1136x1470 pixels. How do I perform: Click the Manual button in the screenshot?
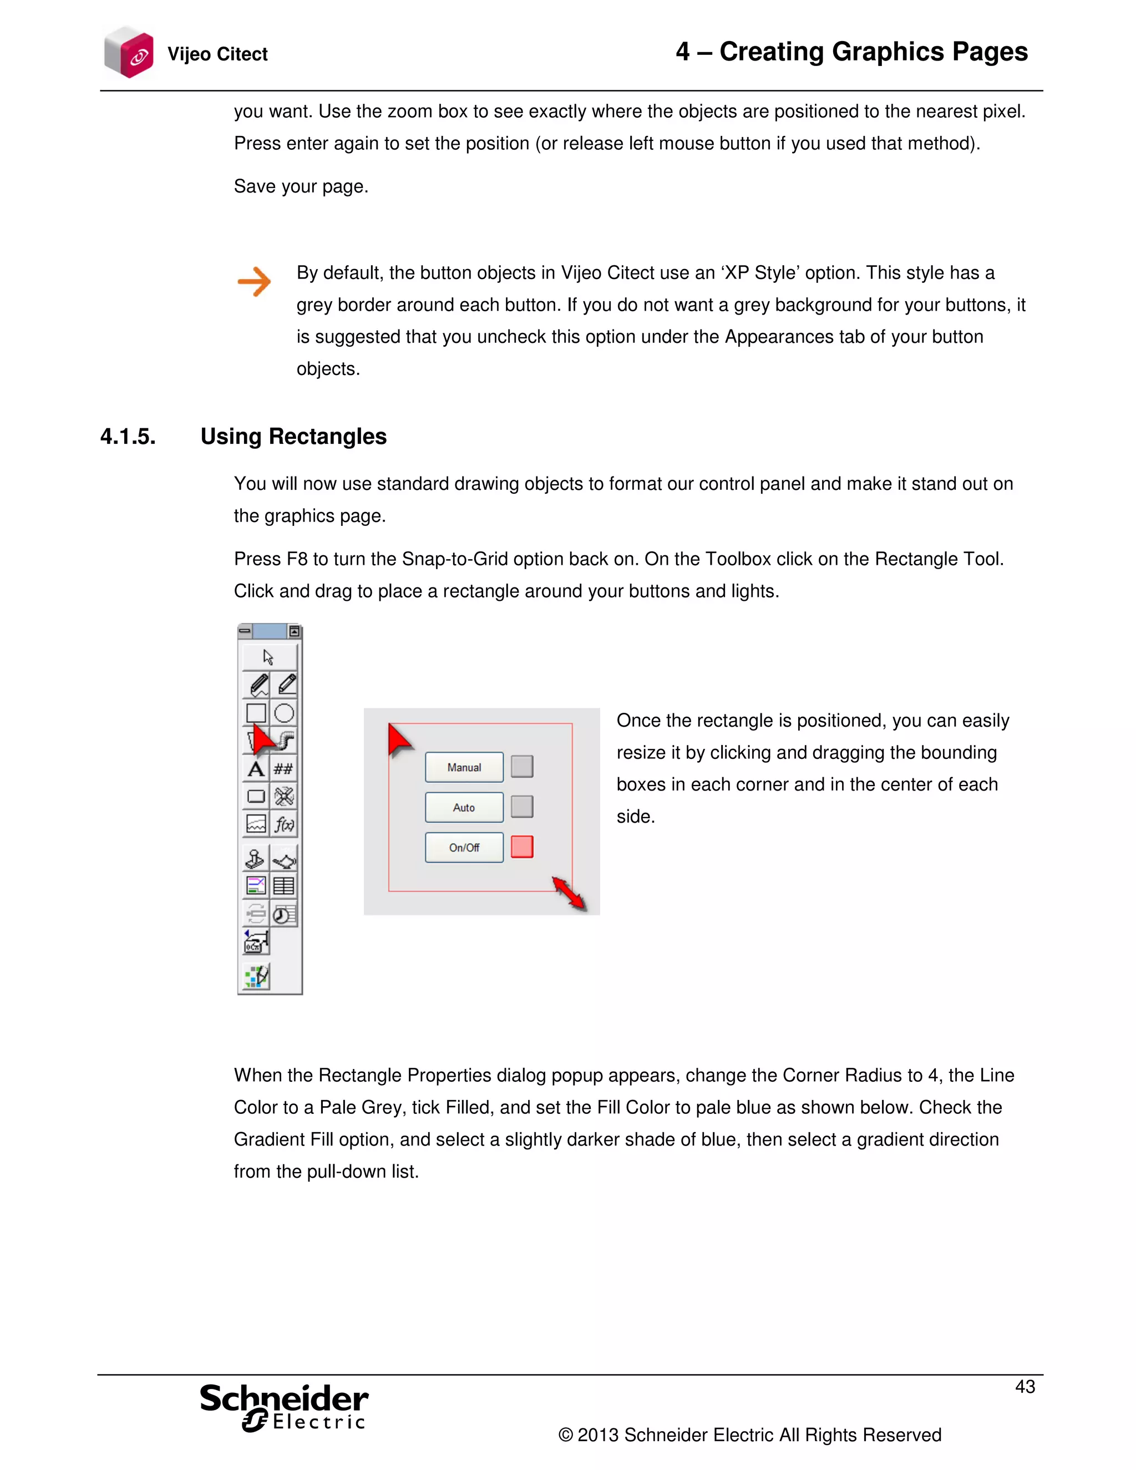(464, 767)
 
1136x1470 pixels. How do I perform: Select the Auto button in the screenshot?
(464, 807)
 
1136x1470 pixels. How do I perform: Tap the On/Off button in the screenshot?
(464, 848)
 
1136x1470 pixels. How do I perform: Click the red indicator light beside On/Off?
(521, 846)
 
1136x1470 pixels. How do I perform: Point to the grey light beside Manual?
(521, 766)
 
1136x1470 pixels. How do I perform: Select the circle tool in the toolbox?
(284, 713)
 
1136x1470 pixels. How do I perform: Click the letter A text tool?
(256, 769)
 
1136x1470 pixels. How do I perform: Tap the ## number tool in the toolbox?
(283, 769)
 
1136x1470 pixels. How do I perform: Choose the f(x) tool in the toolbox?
(284, 824)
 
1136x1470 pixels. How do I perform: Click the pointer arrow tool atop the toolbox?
(268, 657)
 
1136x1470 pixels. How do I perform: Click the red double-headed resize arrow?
(569, 894)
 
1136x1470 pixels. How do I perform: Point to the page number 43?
(1025, 1387)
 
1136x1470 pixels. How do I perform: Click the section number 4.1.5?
(128, 437)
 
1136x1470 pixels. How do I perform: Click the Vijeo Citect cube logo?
(129, 53)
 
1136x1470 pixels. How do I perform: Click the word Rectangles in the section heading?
(327, 437)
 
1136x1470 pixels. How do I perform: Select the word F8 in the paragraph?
(297, 559)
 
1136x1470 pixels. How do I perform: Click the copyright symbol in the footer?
(565, 1436)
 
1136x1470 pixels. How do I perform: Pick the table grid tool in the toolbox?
(283, 886)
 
